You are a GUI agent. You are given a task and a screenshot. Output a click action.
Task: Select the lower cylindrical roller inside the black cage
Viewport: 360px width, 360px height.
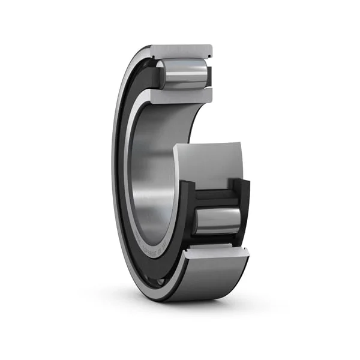point(217,220)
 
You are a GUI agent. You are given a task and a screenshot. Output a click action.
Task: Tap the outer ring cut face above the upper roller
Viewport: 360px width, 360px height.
point(181,51)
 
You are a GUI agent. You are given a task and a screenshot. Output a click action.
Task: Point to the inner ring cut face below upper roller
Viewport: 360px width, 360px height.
point(180,96)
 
